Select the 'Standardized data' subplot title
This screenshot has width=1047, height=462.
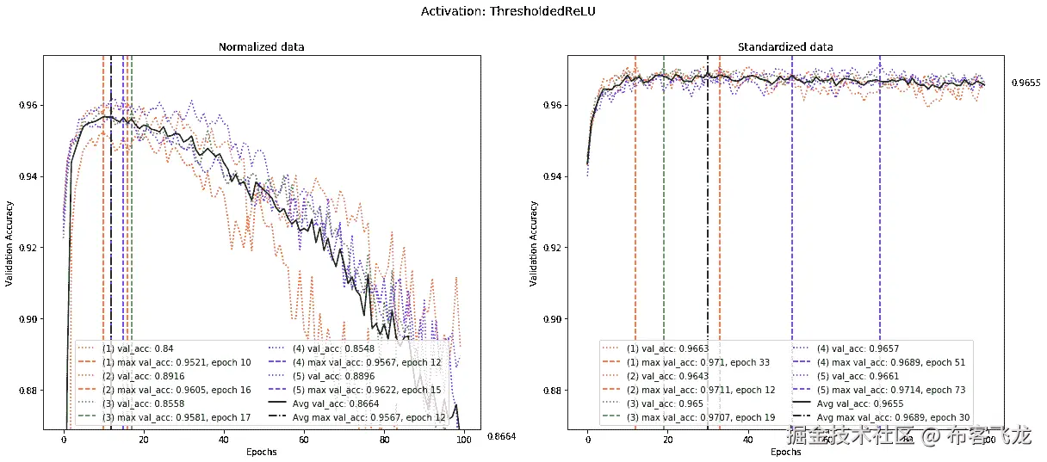[x=785, y=46]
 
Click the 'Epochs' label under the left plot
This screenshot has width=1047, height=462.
[x=261, y=452]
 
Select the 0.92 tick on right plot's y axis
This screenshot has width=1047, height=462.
[x=552, y=248]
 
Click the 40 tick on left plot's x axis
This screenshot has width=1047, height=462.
[x=224, y=440]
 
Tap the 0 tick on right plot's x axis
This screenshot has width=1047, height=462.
[x=587, y=440]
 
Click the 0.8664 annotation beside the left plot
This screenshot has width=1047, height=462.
[x=500, y=437]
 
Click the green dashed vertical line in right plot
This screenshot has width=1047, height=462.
[x=664, y=215]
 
